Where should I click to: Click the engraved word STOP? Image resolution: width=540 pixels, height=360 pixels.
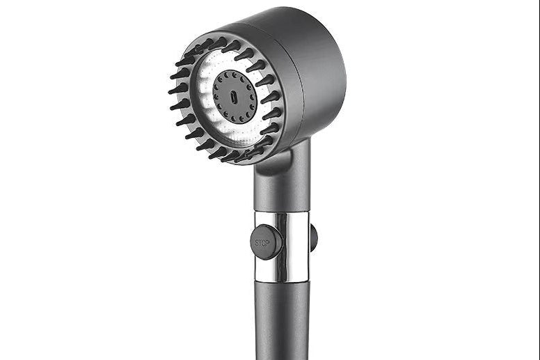pos(262,243)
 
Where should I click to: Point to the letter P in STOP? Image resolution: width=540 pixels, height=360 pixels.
pos(268,243)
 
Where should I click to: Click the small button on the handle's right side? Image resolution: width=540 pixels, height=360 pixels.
pos(313,237)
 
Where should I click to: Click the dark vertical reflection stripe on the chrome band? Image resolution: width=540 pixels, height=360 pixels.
pos(283,246)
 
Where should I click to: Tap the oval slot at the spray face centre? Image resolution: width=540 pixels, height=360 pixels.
pos(234,97)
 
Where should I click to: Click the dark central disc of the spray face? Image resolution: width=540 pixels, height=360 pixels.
pos(235,97)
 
